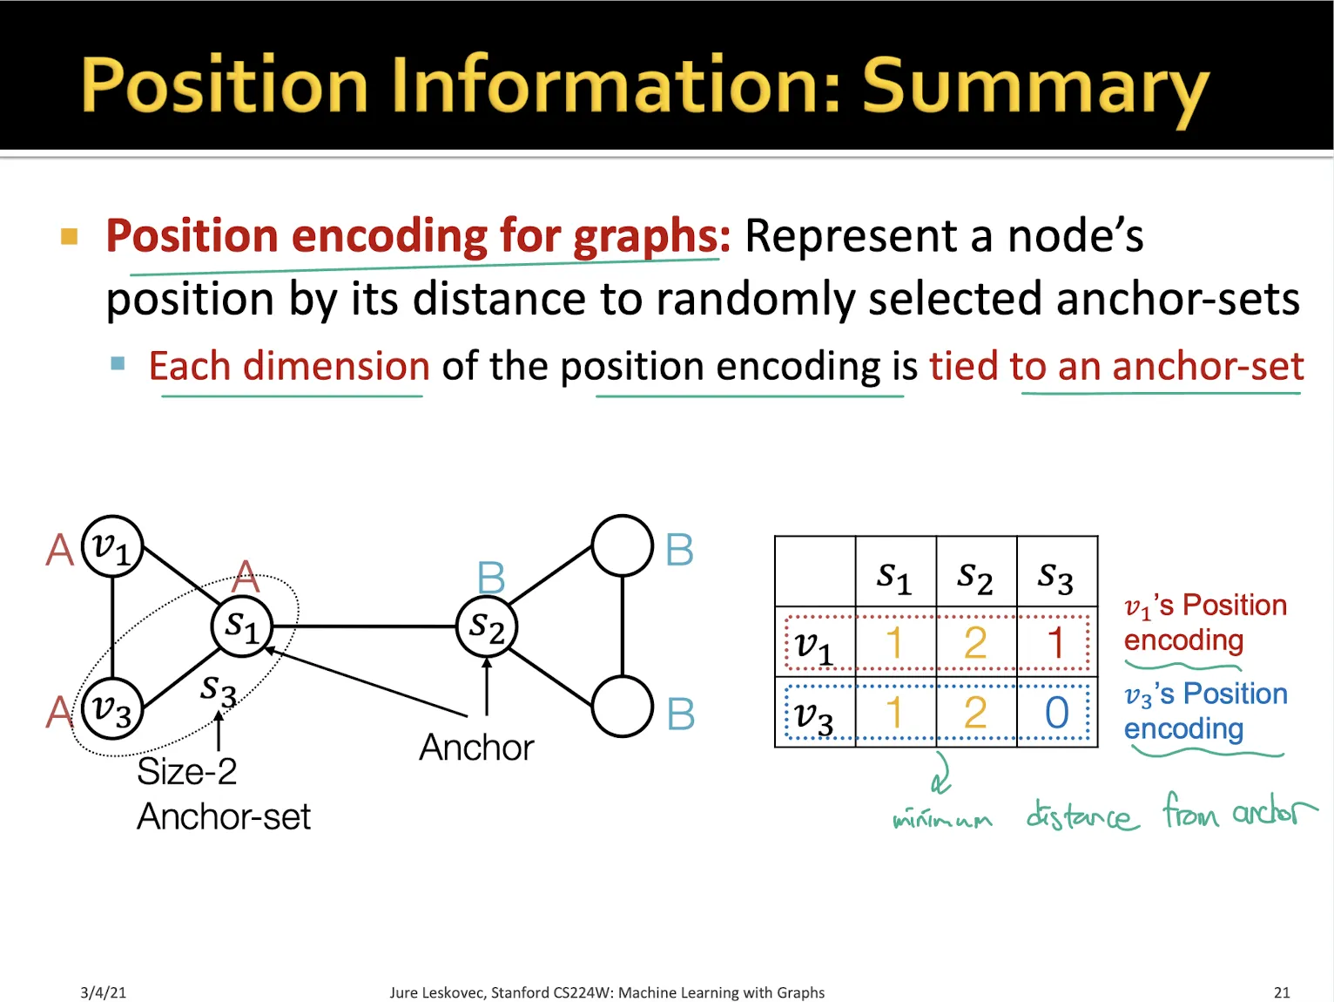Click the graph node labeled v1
pos(112,546)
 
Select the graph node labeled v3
pos(112,708)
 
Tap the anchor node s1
pos(242,626)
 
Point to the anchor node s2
pos(487,626)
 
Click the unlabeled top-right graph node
pos(622,545)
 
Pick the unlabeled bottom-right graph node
pos(622,706)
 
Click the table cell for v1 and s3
pos(1056,643)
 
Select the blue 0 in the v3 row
pos(1056,713)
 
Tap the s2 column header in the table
pos(975,576)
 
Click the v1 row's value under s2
pos(975,643)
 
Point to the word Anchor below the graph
pos(476,748)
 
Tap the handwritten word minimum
pos(942,819)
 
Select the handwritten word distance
pos(1082,816)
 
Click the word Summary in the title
pos(1035,87)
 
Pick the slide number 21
pos(1282,992)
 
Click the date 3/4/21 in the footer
pos(103,992)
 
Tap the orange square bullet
pos(70,236)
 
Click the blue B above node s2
pos(491,578)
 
